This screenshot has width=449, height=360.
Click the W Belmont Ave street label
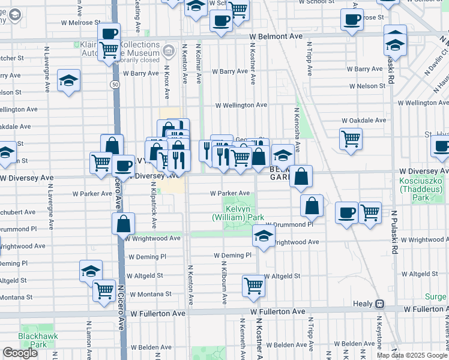point(276,37)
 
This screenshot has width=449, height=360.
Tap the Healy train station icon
point(379,304)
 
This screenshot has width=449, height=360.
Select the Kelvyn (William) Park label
point(238,212)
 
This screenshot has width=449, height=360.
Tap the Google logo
point(20,353)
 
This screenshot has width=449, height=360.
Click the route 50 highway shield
point(114,85)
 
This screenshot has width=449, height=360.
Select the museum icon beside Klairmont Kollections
point(170,50)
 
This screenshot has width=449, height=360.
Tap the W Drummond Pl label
point(289,224)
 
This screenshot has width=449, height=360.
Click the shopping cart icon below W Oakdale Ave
point(351,140)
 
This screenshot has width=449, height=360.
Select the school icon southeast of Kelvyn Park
point(263,236)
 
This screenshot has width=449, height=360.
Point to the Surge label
point(436,296)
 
